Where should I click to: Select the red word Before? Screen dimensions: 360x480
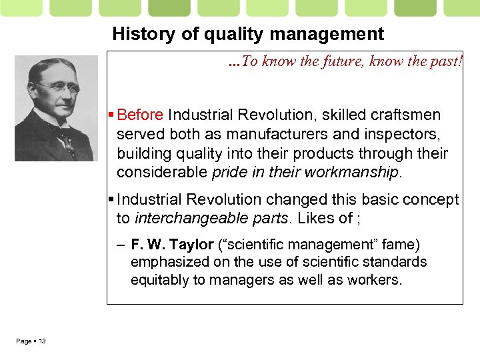click(x=141, y=115)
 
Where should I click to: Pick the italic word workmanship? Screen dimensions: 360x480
click(x=351, y=173)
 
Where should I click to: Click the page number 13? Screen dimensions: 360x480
click(x=42, y=341)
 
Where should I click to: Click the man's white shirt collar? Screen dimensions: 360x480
click(x=50, y=119)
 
